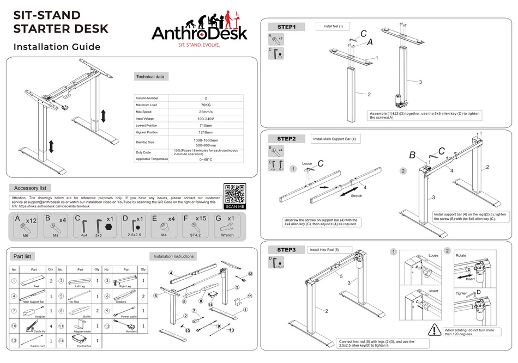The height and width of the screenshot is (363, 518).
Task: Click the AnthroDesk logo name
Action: click(x=199, y=34)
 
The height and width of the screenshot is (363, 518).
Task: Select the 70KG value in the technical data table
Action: click(x=206, y=104)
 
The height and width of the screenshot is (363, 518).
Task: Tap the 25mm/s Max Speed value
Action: click(x=206, y=112)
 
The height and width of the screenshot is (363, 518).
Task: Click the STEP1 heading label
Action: click(x=286, y=26)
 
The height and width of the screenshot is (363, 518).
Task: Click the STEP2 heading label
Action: click(x=286, y=139)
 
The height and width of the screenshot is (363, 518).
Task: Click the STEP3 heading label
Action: click(x=286, y=250)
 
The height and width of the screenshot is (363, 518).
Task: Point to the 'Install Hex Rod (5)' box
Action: click(x=324, y=250)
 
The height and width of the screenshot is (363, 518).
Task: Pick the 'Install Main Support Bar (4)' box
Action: click(x=336, y=139)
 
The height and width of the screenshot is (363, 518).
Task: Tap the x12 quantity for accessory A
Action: click(x=32, y=220)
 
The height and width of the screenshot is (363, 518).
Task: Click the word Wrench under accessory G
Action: click(x=227, y=236)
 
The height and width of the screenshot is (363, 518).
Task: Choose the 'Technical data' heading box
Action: click(x=150, y=77)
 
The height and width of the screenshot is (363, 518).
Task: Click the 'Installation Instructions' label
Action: click(x=173, y=256)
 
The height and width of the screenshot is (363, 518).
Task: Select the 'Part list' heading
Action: click(x=25, y=256)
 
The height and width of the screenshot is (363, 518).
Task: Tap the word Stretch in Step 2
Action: click(x=357, y=196)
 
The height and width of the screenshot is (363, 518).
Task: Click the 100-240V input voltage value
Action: click(x=206, y=119)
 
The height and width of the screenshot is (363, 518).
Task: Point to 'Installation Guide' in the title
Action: click(x=57, y=47)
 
